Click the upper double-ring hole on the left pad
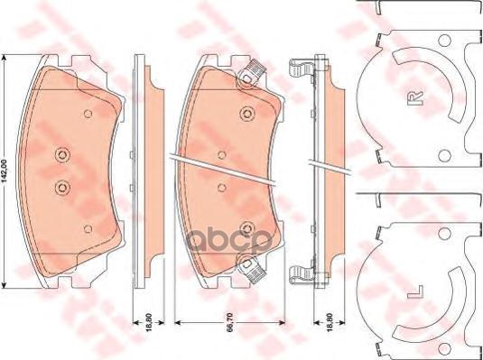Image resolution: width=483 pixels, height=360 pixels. tap(61, 153)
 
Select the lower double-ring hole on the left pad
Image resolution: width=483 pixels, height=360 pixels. tap(61, 187)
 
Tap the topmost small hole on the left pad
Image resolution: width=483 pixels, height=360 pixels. tap(88, 114)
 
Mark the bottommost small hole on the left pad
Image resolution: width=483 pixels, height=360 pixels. tap(88, 227)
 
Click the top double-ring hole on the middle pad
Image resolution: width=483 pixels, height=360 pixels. tap(246, 115)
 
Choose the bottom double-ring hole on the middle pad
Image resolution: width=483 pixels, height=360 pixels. tap(246, 226)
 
